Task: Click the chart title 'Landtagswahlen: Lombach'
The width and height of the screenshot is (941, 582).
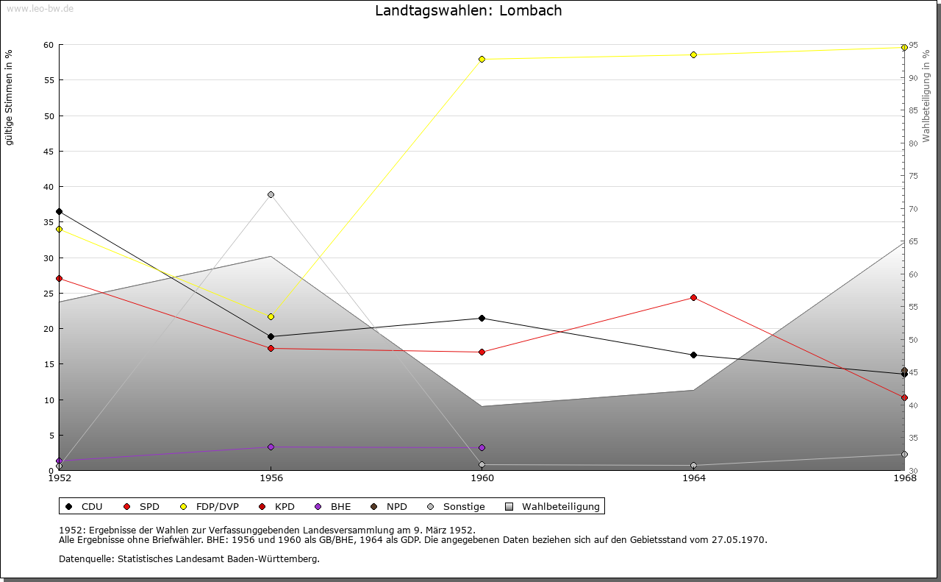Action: coord(468,10)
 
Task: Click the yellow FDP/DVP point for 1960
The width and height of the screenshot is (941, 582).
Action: coord(482,60)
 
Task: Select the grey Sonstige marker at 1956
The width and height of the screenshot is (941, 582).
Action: coord(271,195)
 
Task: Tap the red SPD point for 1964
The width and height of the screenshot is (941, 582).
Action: coord(693,298)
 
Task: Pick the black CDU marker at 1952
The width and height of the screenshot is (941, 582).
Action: coord(60,211)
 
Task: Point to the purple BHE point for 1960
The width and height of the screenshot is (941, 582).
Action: coord(482,448)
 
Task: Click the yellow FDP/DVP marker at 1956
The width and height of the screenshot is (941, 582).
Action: coord(271,316)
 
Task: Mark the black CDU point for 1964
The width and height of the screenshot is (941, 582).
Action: coord(693,355)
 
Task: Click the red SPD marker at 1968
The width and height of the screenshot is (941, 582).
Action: coord(904,398)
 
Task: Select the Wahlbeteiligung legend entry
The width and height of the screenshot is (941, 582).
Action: coord(553,507)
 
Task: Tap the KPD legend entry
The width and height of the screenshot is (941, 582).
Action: coord(277,507)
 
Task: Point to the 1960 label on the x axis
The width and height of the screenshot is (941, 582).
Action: coord(482,478)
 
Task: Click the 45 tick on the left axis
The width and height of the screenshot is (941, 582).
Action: coord(49,152)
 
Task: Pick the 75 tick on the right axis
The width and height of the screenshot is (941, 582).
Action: coord(913,176)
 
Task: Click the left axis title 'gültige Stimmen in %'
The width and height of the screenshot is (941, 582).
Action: coord(9,98)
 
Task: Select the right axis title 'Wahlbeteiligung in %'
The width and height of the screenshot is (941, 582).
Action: coord(926,96)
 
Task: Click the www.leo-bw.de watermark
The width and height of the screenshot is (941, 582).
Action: coord(40,8)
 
